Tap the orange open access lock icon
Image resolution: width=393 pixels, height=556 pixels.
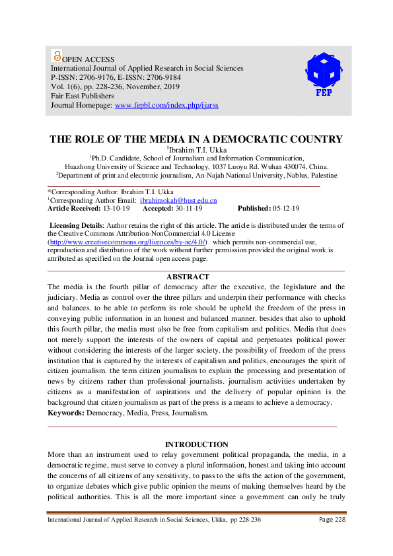[56, 57]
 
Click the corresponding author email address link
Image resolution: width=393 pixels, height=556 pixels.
[178, 199]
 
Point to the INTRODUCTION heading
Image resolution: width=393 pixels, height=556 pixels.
[196, 444]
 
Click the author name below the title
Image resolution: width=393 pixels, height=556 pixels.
[197, 150]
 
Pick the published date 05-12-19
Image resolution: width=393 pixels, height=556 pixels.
[285, 208]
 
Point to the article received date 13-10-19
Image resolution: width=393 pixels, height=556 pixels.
[116, 208]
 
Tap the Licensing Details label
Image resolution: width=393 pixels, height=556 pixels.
[77, 225]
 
